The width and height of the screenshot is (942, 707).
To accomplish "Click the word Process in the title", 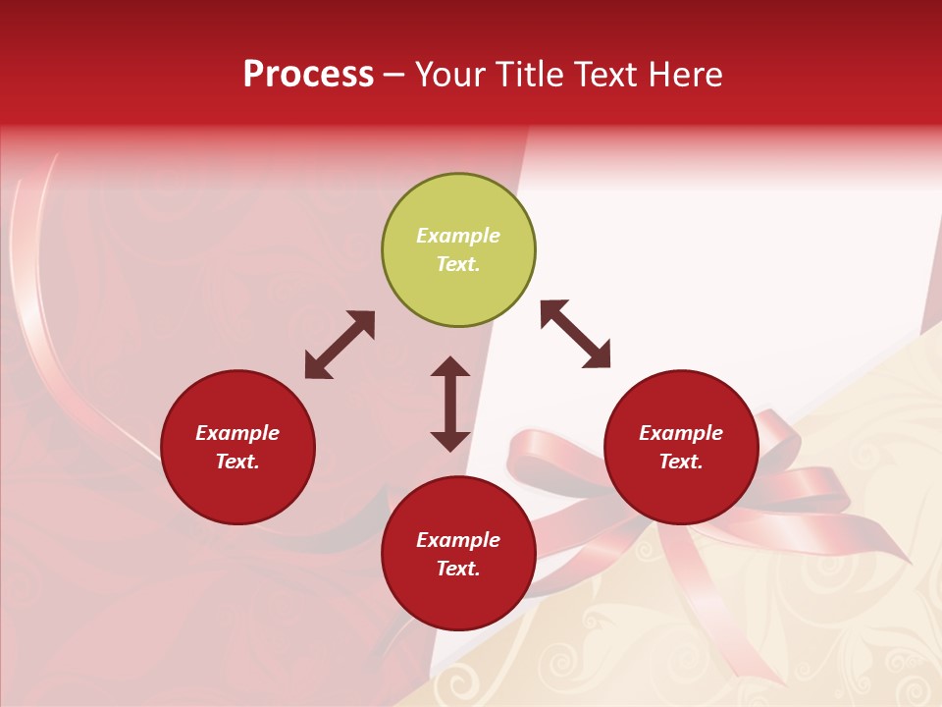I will (308, 75).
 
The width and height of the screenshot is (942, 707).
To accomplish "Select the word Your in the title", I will (451, 75).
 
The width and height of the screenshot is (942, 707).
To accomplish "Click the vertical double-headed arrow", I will (450, 404).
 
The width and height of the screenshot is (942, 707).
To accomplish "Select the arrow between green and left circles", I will (340, 345).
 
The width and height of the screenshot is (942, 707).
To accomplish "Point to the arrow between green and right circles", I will (576, 335).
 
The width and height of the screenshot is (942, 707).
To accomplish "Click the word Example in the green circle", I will (458, 236).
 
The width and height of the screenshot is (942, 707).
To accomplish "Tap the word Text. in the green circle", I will (458, 264).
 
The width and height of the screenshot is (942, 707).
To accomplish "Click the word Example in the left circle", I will (237, 433).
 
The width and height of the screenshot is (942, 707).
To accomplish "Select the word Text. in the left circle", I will (237, 462).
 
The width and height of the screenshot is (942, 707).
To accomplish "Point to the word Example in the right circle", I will (681, 433).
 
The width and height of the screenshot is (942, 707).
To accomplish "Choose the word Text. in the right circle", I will (681, 462).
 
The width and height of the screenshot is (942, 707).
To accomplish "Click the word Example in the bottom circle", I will (458, 540).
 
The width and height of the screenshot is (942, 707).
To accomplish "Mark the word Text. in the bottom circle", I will (458, 569).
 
